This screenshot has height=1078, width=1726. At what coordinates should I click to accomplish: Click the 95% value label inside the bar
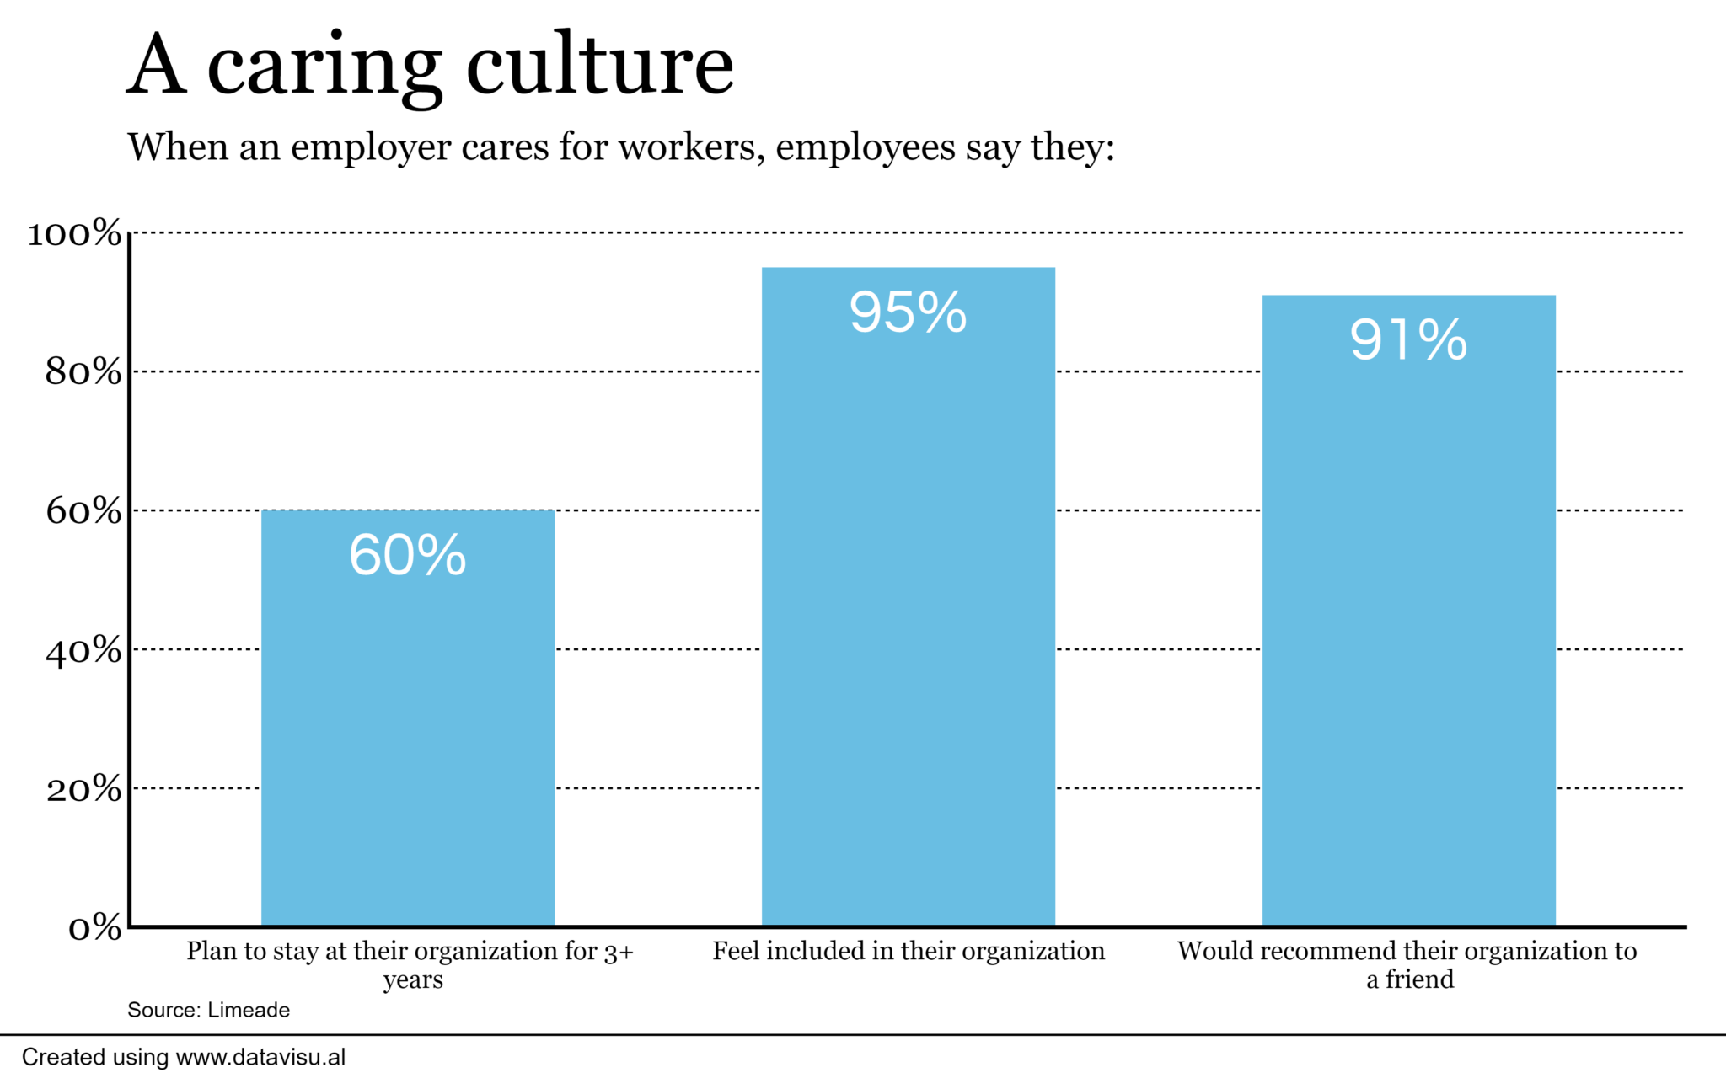pyautogui.click(x=908, y=312)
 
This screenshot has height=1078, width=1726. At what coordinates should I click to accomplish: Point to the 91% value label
pyautogui.click(x=1408, y=340)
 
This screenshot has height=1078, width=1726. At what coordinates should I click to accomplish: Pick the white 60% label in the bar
pyautogui.click(x=407, y=555)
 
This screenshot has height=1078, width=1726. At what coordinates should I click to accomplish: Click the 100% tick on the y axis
pyautogui.click(x=74, y=233)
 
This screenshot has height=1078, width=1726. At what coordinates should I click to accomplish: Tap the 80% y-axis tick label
pyautogui.click(x=83, y=372)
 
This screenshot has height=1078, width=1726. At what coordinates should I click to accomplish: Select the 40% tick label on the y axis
pyautogui.click(x=83, y=650)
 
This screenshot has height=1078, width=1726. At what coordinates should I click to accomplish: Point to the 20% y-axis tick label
pyautogui.click(x=83, y=789)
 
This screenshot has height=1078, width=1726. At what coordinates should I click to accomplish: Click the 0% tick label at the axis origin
pyautogui.click(x=94, y=928)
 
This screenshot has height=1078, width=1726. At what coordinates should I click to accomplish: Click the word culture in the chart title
pyautogui.click(x=600, y=66)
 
